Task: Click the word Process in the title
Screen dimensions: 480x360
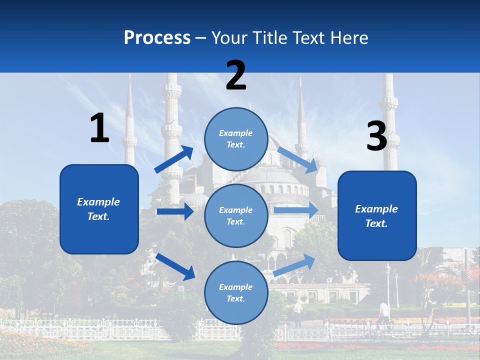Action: coord(157,37)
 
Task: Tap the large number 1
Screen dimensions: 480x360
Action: coord(99,128)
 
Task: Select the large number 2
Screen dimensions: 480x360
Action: coord(236,76)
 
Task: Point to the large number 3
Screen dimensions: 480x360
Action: coord(377,136)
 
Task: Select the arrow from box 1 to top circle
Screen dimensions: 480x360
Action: coord(174,159)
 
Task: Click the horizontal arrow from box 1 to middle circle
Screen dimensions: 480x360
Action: coord(175,211)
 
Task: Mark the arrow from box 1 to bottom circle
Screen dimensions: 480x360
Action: coord(175,266)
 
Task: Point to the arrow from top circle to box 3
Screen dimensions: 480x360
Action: coord(298,159)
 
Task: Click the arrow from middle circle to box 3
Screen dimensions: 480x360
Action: coord(296,210)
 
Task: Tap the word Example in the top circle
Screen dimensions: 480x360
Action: coord(236,133)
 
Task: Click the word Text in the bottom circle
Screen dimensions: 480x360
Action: coord(235,298)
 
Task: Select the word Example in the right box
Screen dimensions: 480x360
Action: coord(376,209)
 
